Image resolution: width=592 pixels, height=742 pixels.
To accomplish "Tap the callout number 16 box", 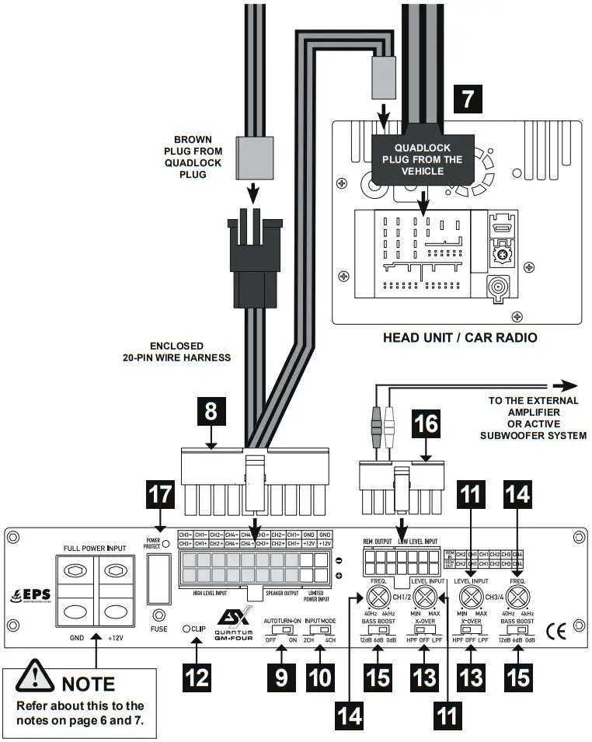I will pos(426,423).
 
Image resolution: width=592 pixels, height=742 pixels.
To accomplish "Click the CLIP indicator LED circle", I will pos(186,628).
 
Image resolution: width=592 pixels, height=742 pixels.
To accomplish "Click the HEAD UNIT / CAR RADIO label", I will pos(460,338).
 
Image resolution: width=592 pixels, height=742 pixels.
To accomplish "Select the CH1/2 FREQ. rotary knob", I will pos(378,597).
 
